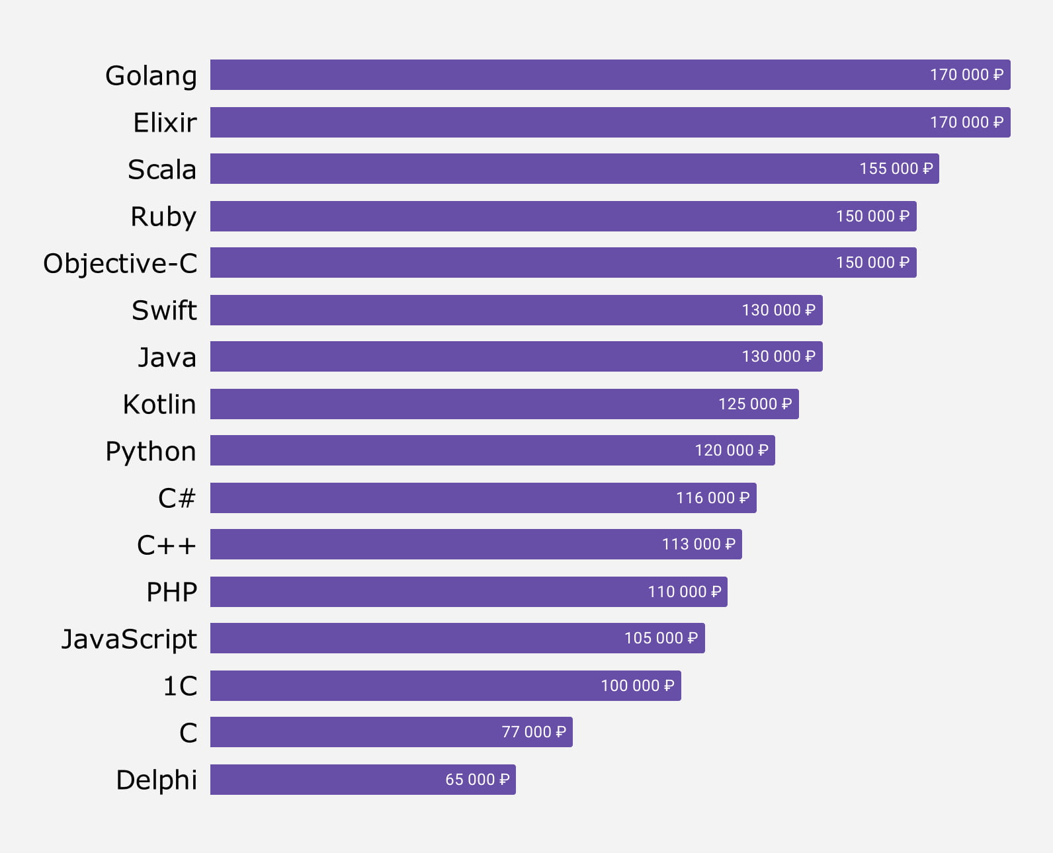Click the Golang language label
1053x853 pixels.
tap(151, 75)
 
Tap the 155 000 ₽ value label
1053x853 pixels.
tap(896, 169)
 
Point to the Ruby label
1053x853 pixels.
tap(163, 216)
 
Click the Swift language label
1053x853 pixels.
tap(164, 310)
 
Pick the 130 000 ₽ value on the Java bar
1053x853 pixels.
tap(778, 356)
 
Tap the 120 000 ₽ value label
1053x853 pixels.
tap(731, 450)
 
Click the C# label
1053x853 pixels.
tap(177, 498)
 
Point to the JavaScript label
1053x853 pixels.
tap(129, 639)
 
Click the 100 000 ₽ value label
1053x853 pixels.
tap(637, 686)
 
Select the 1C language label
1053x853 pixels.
tap(180, 686)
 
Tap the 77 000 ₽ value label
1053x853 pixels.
tap(533, 732)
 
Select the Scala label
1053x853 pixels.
tap(162, 169)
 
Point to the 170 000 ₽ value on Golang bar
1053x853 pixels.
tap(966, 75)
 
